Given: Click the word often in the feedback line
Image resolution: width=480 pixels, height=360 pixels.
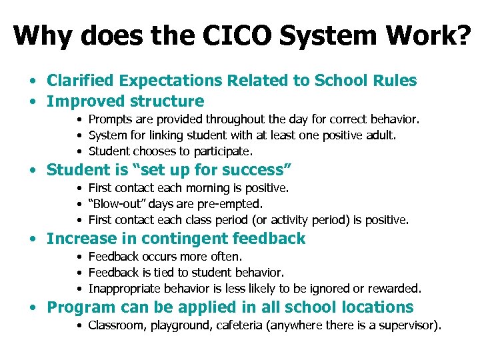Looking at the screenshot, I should coord(228,257).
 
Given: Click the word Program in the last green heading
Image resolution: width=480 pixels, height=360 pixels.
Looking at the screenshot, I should coord(79,307).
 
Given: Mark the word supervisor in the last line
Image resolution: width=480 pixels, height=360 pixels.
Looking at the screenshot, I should coord(407,325).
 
